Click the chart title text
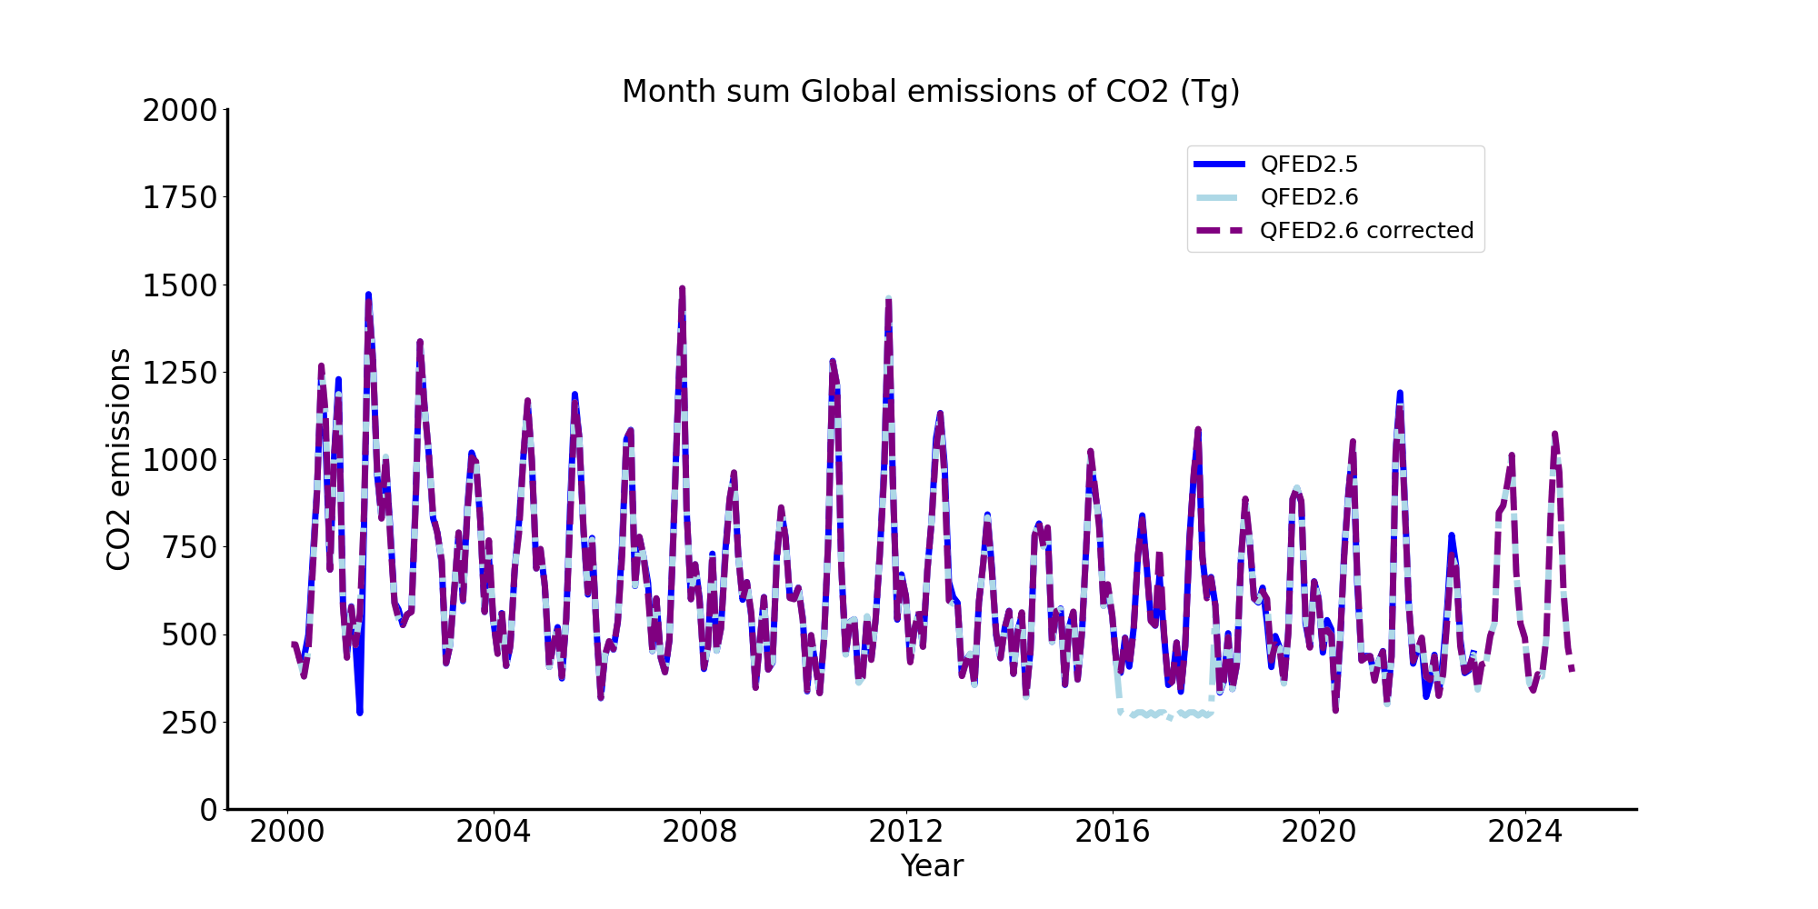[931, 92]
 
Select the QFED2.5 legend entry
[1308, 164]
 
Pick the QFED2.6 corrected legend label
[1366, 231]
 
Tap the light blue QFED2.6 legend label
[1308, 197]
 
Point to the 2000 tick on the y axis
[180, 111]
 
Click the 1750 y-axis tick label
[180, 198]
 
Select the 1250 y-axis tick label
[180, 373]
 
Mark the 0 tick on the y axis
[209, 809]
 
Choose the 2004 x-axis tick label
[493, 832]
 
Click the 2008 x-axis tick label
[699, 832]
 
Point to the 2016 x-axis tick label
[1112, 832]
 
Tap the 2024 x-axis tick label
[1524, 832]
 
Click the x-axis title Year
[931, 866]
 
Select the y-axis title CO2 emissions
[119, 459]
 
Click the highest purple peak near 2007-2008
[682, 289]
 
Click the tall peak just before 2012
[888, 299]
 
